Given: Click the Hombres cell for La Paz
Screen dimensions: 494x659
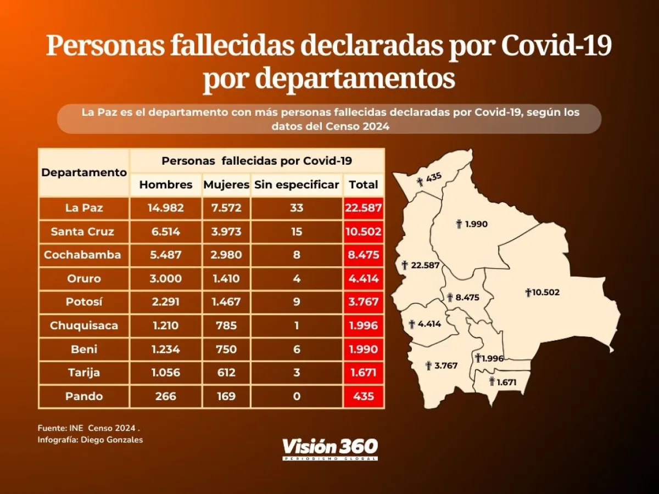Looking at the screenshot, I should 166,208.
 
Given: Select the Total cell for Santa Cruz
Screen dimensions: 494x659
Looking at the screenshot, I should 364,232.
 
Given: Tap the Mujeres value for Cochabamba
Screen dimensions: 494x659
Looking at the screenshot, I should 226,255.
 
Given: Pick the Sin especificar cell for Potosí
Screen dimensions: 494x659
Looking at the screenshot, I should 297,302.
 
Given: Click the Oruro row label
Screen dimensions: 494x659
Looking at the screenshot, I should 83,279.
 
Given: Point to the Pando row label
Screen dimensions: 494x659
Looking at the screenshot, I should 83,396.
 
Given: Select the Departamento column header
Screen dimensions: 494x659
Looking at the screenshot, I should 84,172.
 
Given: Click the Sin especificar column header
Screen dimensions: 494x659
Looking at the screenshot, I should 297,185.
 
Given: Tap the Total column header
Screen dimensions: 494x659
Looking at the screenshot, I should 364,185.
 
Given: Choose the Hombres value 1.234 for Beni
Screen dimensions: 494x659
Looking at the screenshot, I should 166,350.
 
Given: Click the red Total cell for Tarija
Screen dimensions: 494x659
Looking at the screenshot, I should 364,373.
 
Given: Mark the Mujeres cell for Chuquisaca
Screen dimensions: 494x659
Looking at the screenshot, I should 226,326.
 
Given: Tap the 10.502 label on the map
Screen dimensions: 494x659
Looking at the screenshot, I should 545,293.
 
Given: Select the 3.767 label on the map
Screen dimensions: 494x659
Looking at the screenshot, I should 445,366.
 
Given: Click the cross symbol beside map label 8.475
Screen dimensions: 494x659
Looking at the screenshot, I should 450,297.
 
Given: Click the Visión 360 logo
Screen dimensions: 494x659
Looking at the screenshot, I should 329,448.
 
